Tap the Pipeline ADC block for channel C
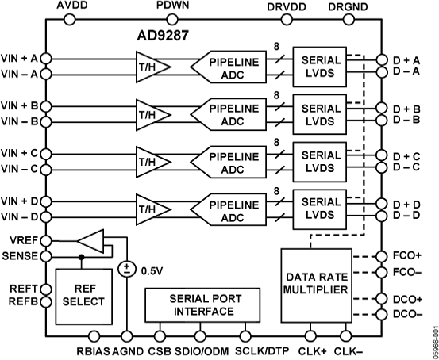click(230, 163)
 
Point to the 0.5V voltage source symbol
click(126, 268)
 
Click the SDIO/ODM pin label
click(198, 350)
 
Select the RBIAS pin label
click(93, 350)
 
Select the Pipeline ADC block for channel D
click(230, 210)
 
